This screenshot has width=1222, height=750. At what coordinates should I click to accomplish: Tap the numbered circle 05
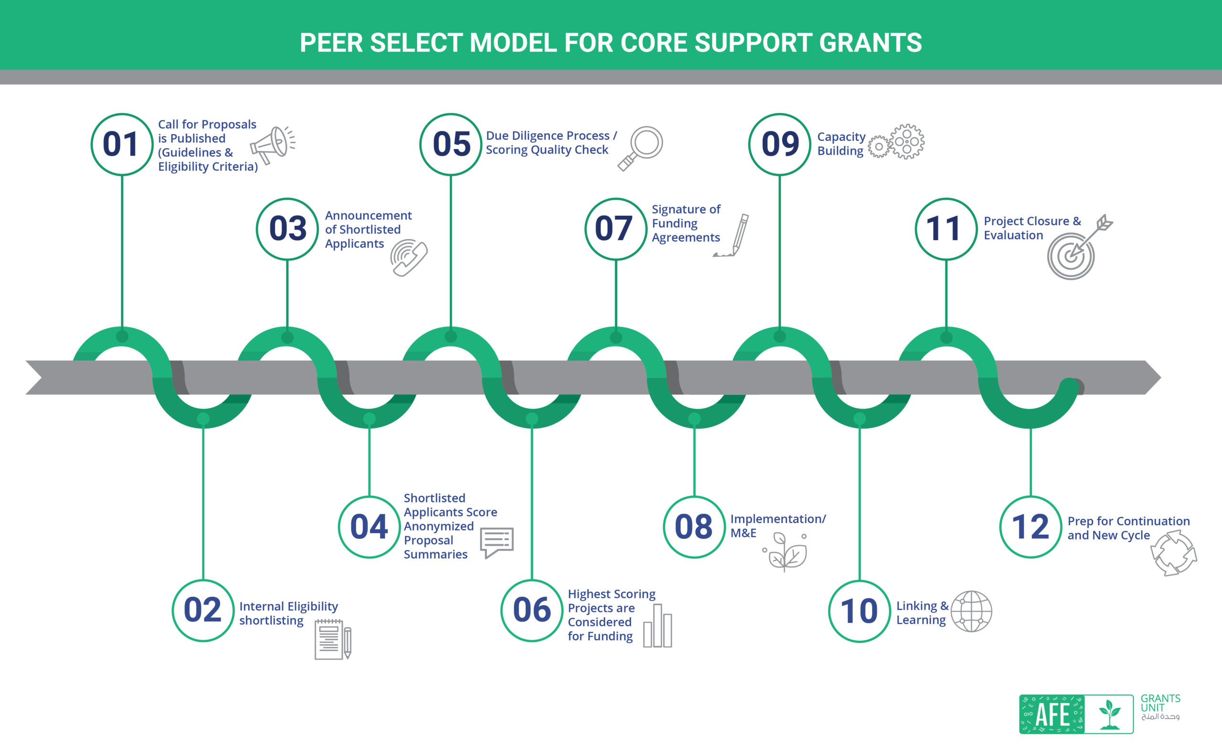coord(451,144)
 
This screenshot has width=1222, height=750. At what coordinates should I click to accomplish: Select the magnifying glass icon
coord(641,148)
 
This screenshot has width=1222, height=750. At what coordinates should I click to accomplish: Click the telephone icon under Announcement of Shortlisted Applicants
coord(409,257)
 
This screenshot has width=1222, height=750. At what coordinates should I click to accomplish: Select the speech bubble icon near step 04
coord(496,542)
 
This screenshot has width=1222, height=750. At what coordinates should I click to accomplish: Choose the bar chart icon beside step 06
coord(658,626)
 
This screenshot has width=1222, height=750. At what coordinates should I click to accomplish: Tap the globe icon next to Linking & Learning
coord(971,611)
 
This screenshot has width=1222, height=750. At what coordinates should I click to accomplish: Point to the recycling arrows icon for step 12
coord(1173,553)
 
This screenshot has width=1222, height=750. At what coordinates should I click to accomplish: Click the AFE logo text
coord(1052,714)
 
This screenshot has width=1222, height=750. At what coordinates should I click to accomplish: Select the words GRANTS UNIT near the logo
coord(1160,703)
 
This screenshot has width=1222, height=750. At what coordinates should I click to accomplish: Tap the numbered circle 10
coord(860,611)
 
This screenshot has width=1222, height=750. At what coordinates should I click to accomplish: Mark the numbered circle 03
coord(287,229)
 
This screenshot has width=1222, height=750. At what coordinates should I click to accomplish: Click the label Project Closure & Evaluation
coord(1032,228)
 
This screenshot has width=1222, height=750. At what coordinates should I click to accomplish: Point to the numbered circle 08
coord(694,527)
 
